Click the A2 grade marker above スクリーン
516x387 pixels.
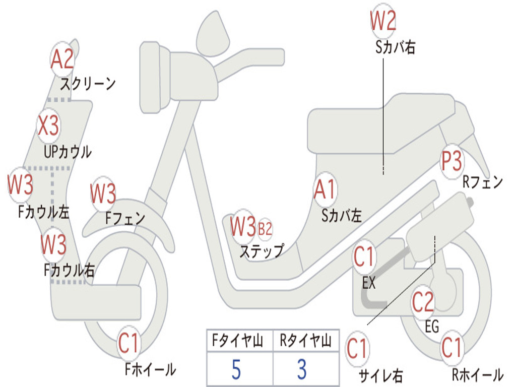(62, 59)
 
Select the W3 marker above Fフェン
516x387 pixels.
(103, 193)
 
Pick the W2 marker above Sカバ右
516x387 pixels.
(383, 21)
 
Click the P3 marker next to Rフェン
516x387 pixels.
(451, 161)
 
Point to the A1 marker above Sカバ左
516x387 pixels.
(325, 189)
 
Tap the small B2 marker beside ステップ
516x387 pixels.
(265, 229)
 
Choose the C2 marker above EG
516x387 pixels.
(423, 302)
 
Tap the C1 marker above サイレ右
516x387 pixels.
(357, 349)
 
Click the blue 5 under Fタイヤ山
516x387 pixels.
(236, 370)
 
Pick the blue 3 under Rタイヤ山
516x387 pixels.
(302, 369)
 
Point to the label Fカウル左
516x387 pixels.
(44, 212)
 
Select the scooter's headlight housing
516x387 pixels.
(155, 78)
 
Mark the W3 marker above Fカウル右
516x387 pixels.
(53, 245)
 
